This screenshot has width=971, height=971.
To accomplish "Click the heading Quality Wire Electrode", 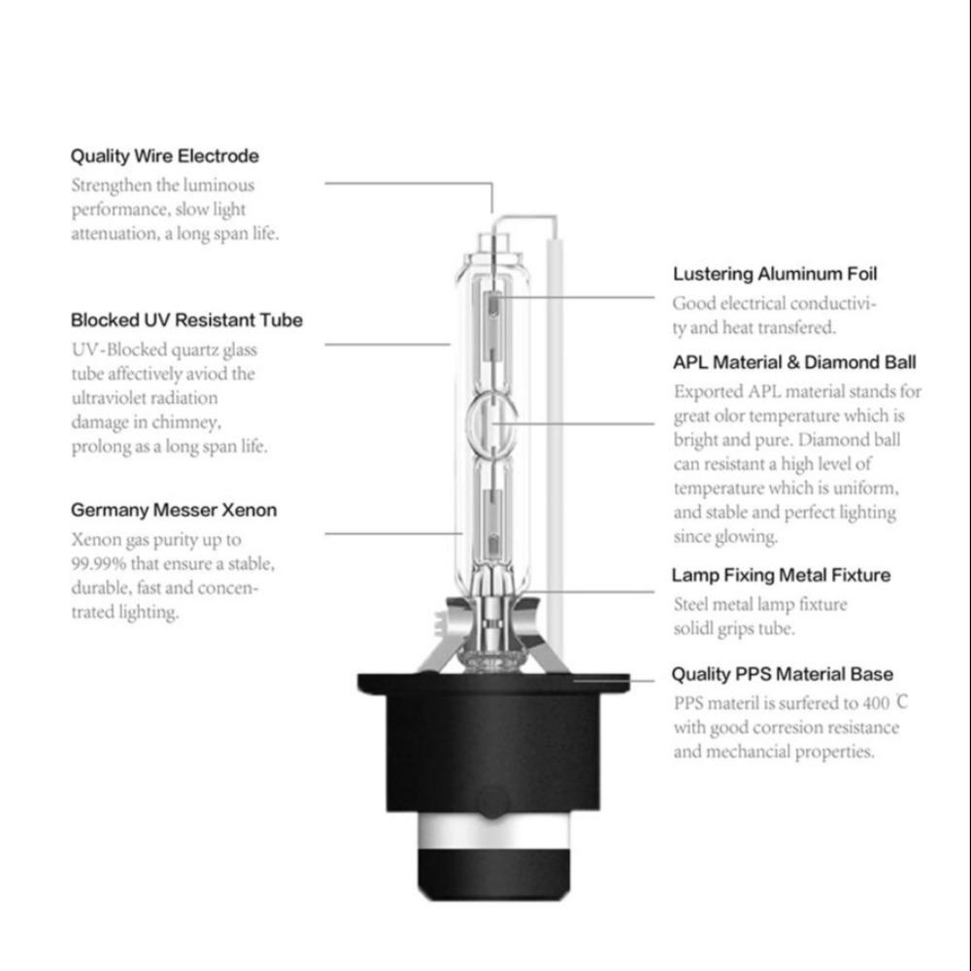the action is coord(165,156).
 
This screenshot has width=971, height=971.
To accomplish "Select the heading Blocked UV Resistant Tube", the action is coord(186,320).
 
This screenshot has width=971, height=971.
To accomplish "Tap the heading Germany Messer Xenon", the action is coord(174,511).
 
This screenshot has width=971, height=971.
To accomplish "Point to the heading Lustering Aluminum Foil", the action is coord(775,274).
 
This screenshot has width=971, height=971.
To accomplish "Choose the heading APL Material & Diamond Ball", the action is coord(794,362).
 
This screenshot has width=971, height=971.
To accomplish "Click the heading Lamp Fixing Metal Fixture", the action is coord(781,575).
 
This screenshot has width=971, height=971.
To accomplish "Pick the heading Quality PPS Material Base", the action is coord(782,675).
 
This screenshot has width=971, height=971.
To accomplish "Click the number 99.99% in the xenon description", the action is coord(98,564).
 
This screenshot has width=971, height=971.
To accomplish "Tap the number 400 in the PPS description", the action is coord(876,703).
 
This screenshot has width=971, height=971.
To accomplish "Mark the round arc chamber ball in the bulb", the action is coord(492,423).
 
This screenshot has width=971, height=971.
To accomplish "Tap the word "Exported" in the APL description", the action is coord(708,392).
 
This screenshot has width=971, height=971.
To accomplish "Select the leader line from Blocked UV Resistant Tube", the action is coord(387,345).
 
